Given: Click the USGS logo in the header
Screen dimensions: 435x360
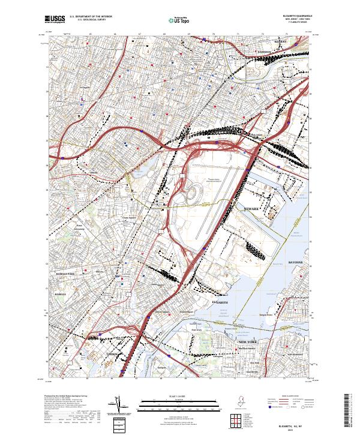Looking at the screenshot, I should pyautogui.click(x=55, y=19).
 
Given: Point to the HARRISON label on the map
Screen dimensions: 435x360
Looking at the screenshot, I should pyautogui.click(x=264, y=52).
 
